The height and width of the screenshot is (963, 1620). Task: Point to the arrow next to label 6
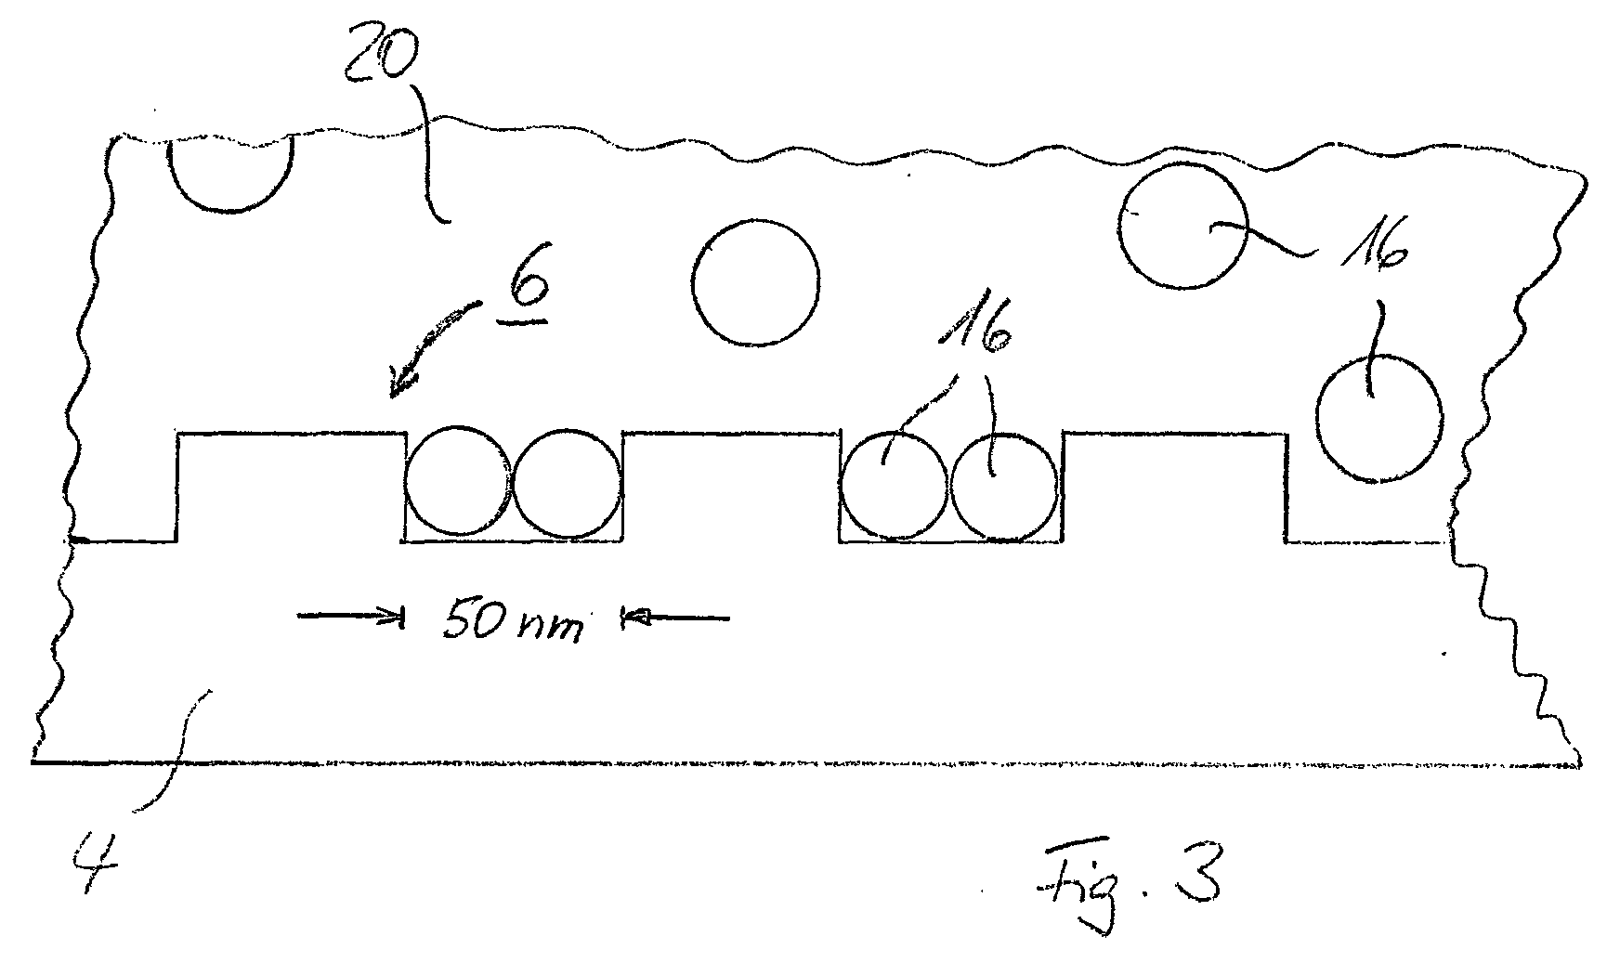[x=435, y=347]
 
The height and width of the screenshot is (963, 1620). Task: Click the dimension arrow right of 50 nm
[x=674, y=616]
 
